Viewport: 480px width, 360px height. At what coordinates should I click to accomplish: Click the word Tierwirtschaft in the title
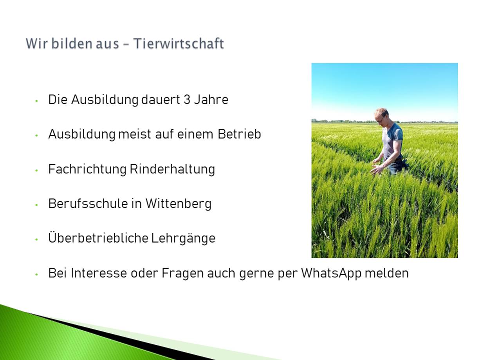pyautogui.click(x=179, y=43)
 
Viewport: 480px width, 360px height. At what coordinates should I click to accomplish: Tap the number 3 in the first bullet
pyautogui.click(x=187, y=100)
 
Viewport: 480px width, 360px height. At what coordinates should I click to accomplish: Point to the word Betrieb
pyautogui.click(x=239, y=134)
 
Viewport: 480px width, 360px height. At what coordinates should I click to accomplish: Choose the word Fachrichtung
pyautogui.click(x=87, y=169)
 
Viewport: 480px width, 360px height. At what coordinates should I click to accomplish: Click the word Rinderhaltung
pyautogui.click(x=172, y=169)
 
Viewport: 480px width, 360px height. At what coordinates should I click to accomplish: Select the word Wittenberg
pyautogui.click(x=179, y=204)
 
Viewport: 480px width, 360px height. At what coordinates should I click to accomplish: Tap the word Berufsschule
pyautogui.click(x=88, y=203)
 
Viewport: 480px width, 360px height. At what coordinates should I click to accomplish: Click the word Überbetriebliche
pyautogui.click(x=98, y=238)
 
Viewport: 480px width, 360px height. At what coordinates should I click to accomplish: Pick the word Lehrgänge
pyautogui.click(x=183, y=238)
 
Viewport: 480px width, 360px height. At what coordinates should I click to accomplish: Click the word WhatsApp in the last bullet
pyautogui.click(x=331, y=274)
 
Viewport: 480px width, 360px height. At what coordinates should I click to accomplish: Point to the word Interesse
pyautogui.click(x=99, y=273)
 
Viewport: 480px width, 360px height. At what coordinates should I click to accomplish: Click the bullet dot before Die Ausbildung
pyautogui.click(x=36, y=101)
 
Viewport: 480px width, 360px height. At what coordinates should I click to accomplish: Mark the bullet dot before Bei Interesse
pyautogui.click(x=36, y=274)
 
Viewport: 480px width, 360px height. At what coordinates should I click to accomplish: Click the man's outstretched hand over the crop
pyautogui.click(x=376, y=169)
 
